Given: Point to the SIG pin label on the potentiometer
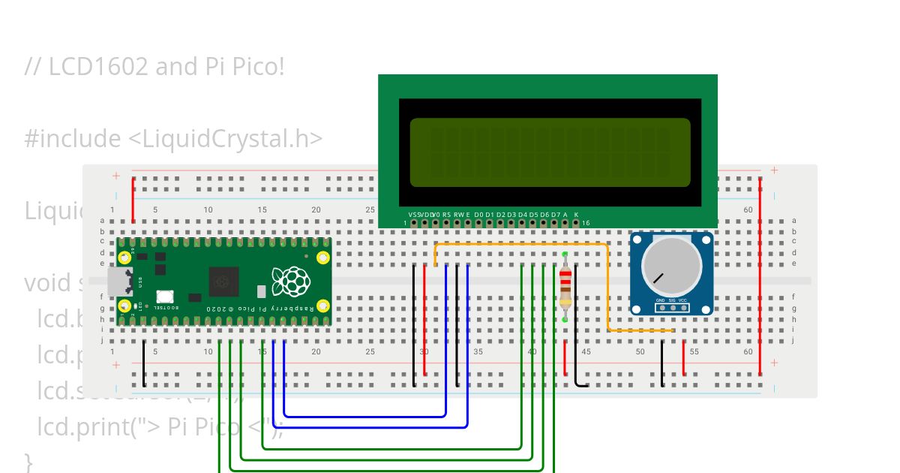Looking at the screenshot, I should pyautogui.click(x=673, y=300).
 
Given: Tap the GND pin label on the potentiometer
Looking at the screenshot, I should pyautogui.click(x=661, y=300).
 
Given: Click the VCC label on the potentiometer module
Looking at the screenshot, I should pyautogui.click(x=682, y=300).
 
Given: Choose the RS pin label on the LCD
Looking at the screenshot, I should pyautogui.click(x=446, y=215).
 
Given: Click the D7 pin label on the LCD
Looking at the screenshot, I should pyautogui.click(x=555, y=215).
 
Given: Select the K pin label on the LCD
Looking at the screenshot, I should pyautogui.click(x=576, y=215).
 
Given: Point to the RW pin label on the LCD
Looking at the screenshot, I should pyautogui.click(x=457, y=215).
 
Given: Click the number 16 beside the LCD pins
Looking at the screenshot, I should pyautogui.click(x=586, y=223).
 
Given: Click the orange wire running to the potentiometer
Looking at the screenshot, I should pyautogui.click(x=525, y=245).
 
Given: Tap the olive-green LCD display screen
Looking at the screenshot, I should pyautogui.click(x=550, y=152).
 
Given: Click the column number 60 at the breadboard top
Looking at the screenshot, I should pyautogui.click(x=748, y=210).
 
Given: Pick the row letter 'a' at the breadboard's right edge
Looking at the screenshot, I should pyautogui.click(x=793, y=221).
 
